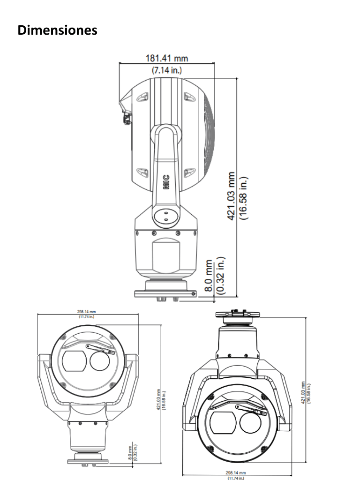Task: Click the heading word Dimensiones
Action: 57,30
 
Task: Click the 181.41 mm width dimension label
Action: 166,59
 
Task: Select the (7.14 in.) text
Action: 166,70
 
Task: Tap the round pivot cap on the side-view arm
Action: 165,216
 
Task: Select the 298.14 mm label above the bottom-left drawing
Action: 86,312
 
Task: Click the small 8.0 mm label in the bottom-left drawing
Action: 130,454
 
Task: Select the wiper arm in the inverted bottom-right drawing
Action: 250,408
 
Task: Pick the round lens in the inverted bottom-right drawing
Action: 252,424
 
